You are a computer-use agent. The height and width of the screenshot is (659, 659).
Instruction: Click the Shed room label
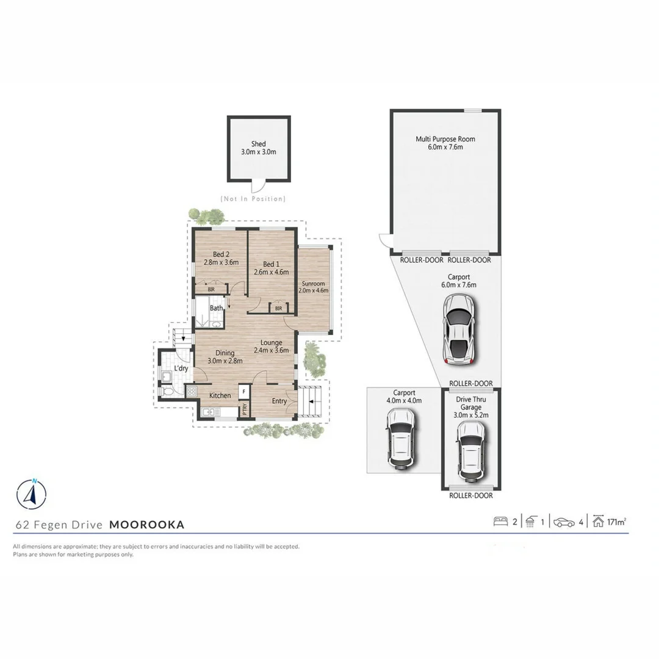(259, 144)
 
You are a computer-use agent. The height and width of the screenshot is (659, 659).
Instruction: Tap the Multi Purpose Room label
(445, 139)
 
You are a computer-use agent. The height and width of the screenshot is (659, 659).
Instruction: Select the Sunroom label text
(314, 284)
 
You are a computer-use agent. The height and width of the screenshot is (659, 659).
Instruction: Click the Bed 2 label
(221, 254)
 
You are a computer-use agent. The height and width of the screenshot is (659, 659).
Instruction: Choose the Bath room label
(217, 308)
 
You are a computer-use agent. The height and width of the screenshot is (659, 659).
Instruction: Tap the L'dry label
(181, 369)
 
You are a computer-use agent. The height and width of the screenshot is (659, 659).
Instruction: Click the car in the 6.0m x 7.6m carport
(459, 328)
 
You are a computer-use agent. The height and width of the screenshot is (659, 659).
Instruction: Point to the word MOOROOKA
(146, 524)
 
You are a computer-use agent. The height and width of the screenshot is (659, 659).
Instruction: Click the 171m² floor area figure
(618, 522)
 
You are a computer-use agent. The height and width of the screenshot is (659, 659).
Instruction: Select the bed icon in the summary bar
(501, 522)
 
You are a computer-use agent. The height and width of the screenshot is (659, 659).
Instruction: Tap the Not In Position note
(253, 199)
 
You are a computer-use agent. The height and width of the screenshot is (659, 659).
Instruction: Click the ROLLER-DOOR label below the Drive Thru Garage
(471, 495)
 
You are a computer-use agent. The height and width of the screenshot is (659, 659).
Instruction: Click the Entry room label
(279, 401)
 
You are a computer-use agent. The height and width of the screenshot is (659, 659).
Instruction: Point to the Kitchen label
(220, 395)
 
